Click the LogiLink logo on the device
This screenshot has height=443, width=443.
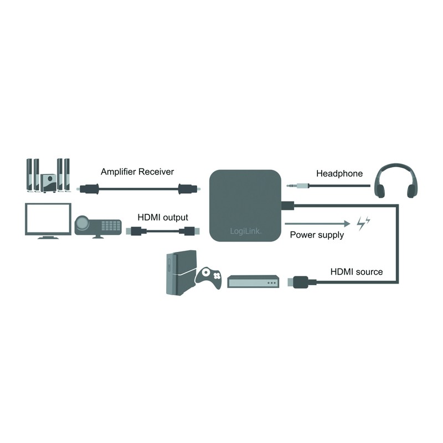tap(245, 231)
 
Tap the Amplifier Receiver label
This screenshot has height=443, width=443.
tap(137, 172)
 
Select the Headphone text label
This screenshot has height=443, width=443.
tap(339, 173)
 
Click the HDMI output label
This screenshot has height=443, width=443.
tap(163, 217)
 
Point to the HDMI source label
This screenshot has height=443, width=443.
tap(357, 272)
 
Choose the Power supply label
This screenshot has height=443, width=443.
tap(317, 235)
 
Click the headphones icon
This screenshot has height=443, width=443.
tap(395, 181)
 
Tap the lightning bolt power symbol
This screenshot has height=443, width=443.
tap(363, 223)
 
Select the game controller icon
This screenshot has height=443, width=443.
tap(209, 278)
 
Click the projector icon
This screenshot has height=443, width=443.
tap(98, 226)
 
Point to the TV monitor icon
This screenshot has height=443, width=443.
tap(48, 220)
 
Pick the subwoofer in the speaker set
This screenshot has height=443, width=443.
tap(48, 183)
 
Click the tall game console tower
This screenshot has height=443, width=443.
tap(181, 273)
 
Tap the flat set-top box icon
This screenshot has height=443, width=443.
tap(253, 282)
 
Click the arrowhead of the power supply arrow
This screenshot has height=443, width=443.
tap(347, 224)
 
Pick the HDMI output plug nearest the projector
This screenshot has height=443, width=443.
tap(136, 231)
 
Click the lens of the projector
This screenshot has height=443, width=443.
tap(82, 224)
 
